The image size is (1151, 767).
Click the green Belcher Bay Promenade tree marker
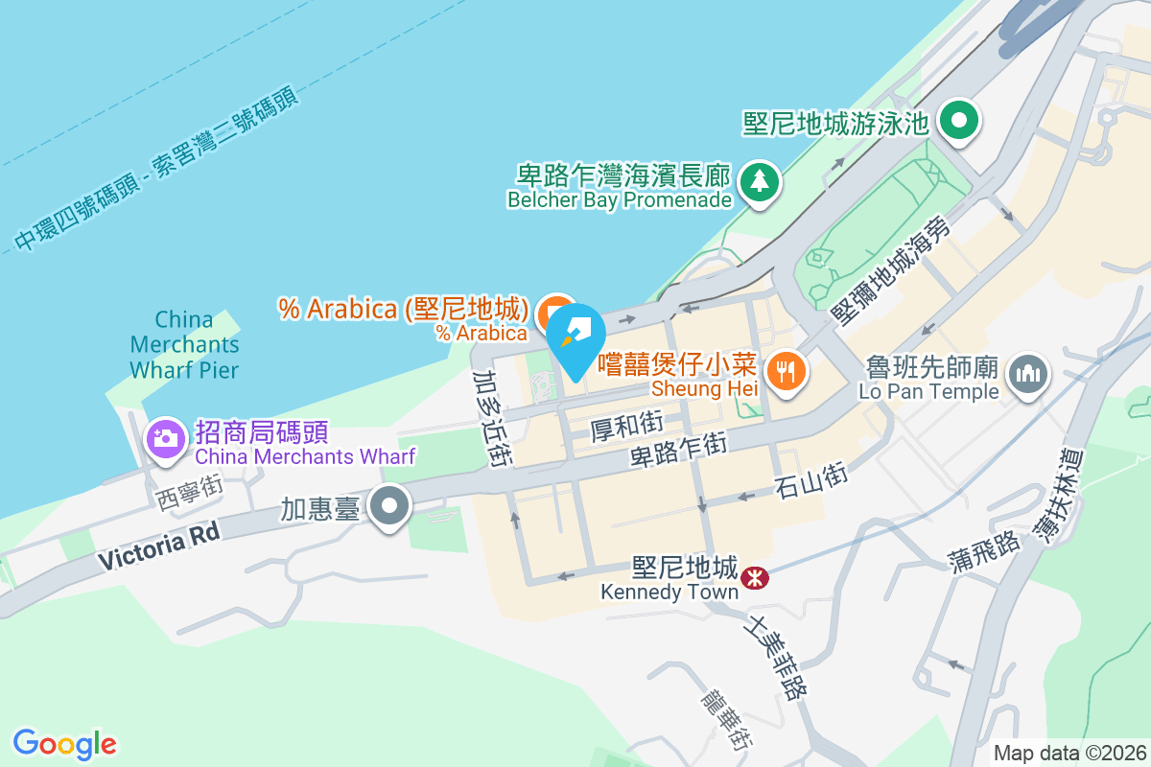click(x=760, y=181)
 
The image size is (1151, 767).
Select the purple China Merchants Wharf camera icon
click(x=165, y=439)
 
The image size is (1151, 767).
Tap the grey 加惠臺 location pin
click(x=389, y=505)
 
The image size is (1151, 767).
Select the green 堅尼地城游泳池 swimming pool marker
click(x=957, y=122)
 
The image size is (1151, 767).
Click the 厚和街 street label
click(x=626, y=424)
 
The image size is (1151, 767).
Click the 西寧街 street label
click(x=188, y=493)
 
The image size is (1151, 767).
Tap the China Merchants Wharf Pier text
click(x=184, y=344)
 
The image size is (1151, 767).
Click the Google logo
click(x=64, y=744)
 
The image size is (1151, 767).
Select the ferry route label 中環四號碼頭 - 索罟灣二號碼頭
click(x=157, y=169)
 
